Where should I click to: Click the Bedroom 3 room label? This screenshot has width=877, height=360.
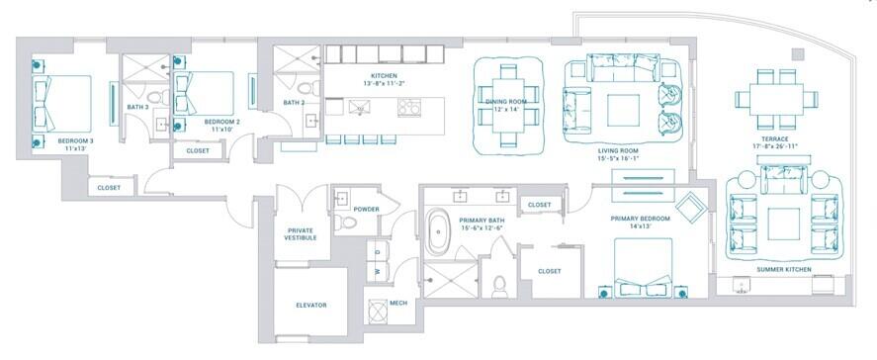[x=74, y=140]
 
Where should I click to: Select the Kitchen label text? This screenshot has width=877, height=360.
[x=384, y=76]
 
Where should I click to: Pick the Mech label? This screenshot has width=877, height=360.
[x=398, y=304]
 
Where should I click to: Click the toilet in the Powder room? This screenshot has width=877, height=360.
[x=341, y=222]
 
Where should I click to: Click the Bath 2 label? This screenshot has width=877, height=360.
[x=293, y=102]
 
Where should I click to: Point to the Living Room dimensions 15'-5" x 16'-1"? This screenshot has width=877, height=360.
[x=620, y=157]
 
